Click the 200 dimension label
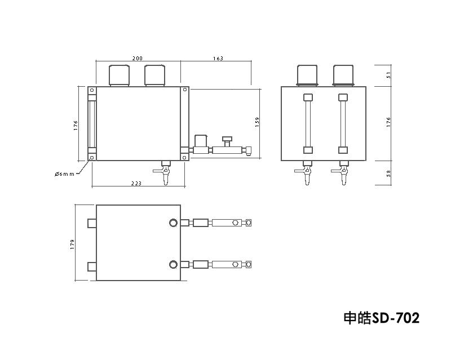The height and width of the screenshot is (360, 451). coord(137,59)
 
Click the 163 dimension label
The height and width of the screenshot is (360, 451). coord(218,59)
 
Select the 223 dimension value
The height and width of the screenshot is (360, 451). coord(136,183)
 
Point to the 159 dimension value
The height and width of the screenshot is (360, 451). coord(257,122)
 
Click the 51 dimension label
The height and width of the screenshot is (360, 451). coord(389,75)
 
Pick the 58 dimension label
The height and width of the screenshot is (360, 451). coord(389,173)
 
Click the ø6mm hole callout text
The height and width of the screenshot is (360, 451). coord(65,174)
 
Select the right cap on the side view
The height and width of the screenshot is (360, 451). coord(343,75)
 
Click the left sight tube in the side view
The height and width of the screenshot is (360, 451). coord(308,123)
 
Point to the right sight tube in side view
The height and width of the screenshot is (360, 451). coord(343,123)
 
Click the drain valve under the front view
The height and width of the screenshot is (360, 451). coord(166,172)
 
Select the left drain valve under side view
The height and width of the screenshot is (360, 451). coord(307,172)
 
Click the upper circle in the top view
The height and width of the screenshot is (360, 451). coord(173,223)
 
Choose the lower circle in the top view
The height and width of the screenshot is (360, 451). coord(173,264)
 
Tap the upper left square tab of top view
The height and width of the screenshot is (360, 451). coord(92,223)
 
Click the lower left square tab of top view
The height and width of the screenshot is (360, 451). coord(92,265)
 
